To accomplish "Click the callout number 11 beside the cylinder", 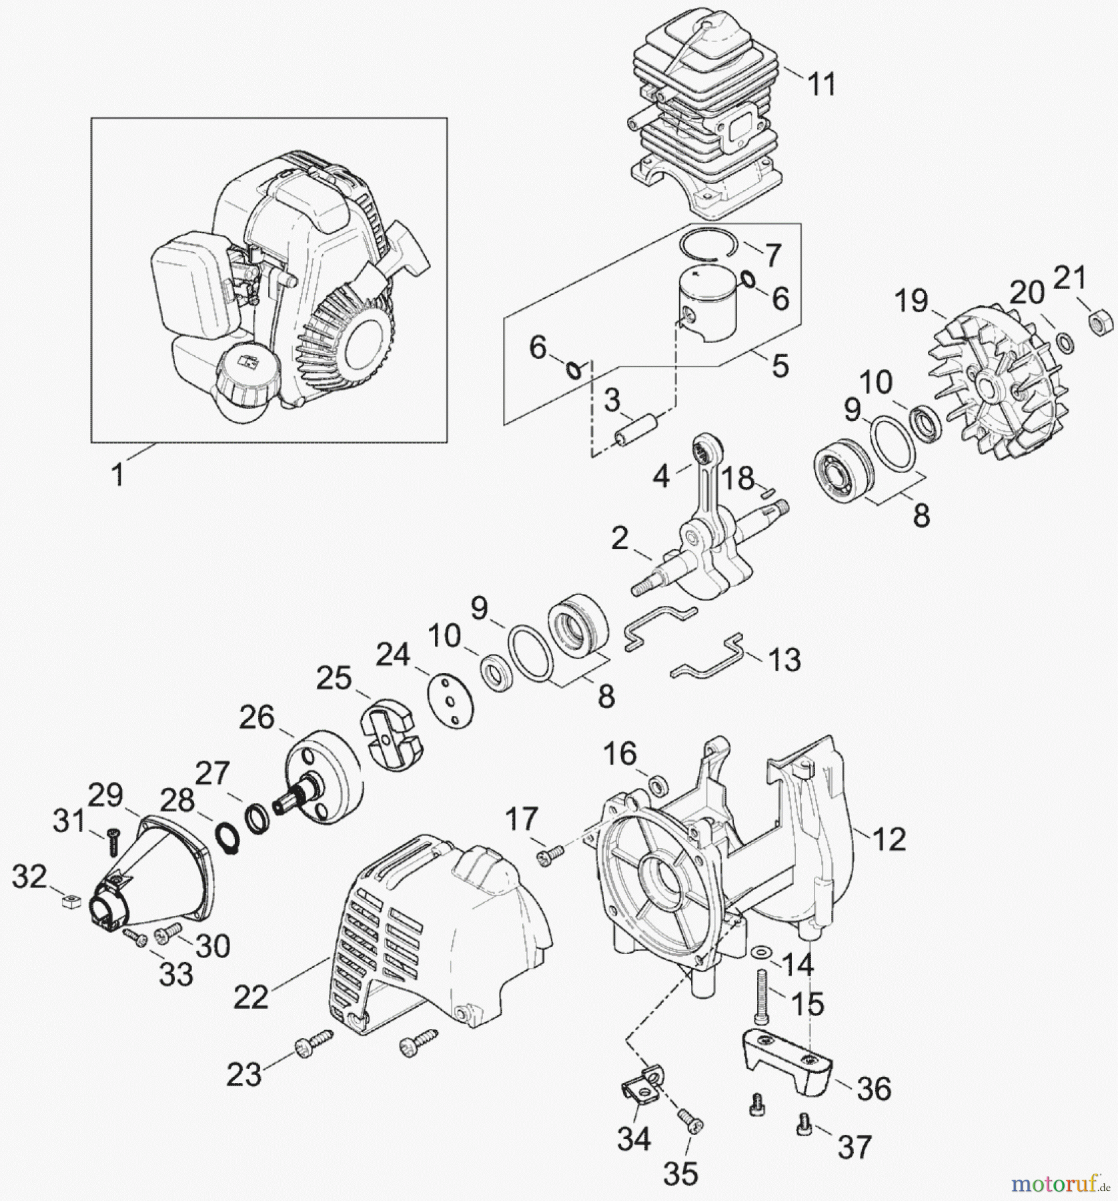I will [x=821, y=85].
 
